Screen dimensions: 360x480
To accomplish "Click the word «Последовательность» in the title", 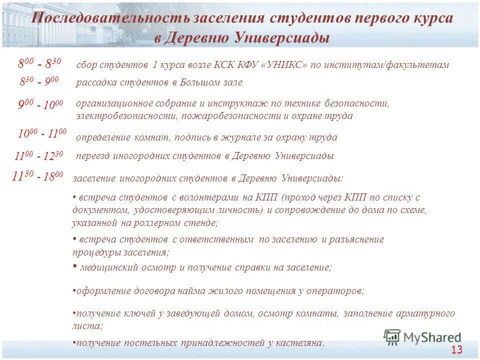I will (x=109, y=18).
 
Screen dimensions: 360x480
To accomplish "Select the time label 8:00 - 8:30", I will (x=39, y=63).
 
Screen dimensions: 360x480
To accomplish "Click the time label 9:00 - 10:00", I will (x=40, y=105).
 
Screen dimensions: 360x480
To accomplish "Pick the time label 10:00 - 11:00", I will (x=42, y=133).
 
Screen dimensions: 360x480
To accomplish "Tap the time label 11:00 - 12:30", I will (x=39, y=156).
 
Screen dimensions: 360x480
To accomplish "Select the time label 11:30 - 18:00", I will (x=38, y=175).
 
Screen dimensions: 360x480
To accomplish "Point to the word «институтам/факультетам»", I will (x=398, y=65).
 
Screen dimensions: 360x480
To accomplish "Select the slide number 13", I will (x=457, y=350).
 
